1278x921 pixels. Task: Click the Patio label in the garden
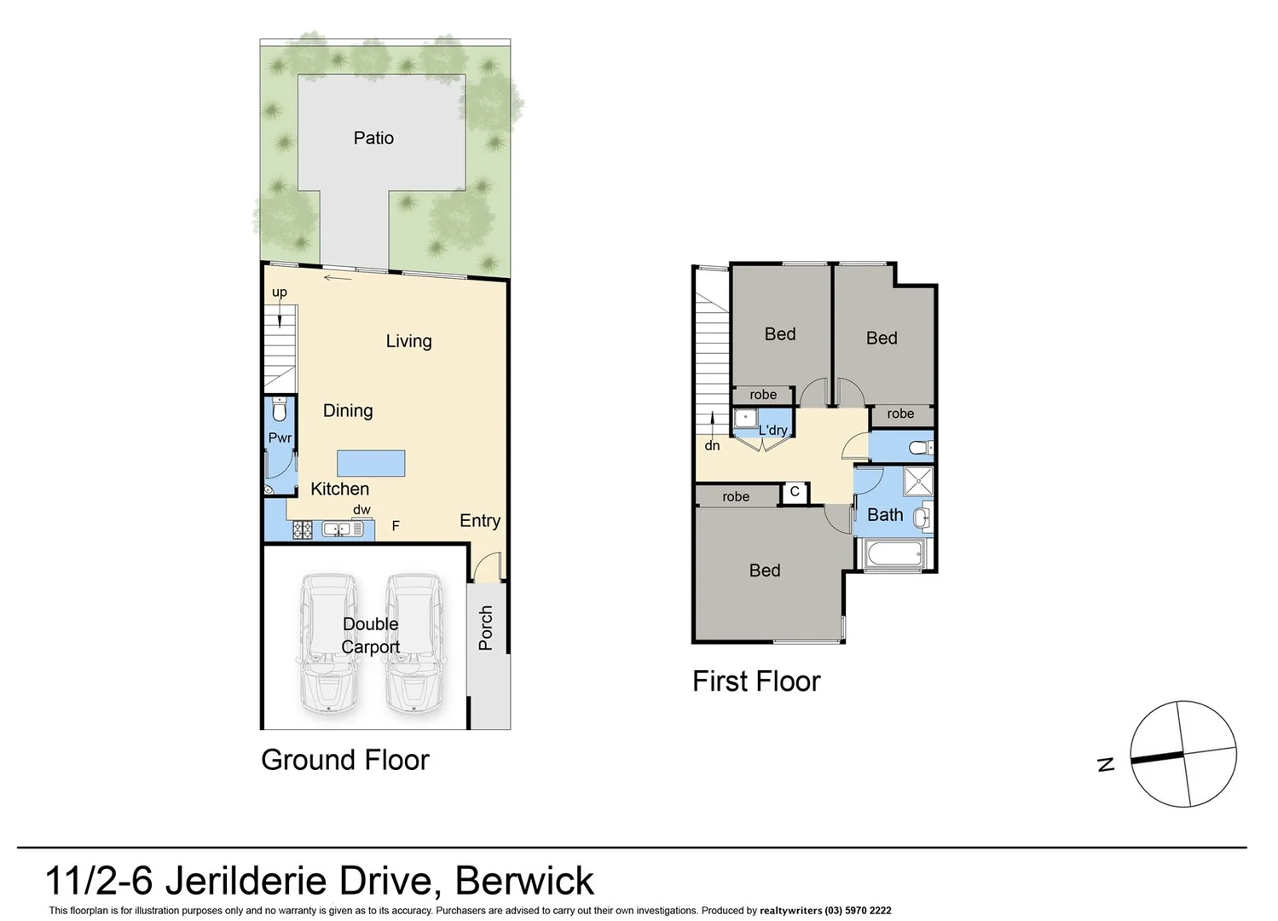[x=373, y=138]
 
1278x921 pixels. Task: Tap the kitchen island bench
[x=371, y=463]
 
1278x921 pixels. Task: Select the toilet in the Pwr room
[x=279, y=410]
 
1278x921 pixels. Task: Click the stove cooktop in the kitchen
[x=303, y=530]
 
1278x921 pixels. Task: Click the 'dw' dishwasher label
[x=361, y=510]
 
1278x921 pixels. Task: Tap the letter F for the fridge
[x=396, y=526]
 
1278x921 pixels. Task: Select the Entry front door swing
[x=488, y=565]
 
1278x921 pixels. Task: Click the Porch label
[x=486, y=628]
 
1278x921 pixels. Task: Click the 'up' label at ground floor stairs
[x=280, y=293]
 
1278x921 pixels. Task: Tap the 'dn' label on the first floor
[x=712, y=445]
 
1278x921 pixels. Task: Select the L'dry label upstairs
[x=773, y=430]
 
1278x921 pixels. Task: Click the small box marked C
[x=795, y=492]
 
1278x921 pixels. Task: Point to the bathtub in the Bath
[x=893, y=555]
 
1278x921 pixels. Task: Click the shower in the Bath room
[x=918, y=481]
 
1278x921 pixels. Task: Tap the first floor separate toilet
[x=917, y=447]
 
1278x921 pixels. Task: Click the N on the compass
[x=1107, y=764]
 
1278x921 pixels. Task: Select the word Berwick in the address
[x=524, y=881]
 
